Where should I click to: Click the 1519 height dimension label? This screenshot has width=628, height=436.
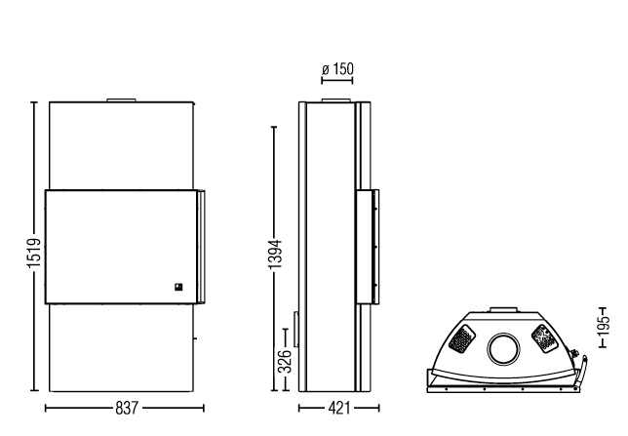(34, 254)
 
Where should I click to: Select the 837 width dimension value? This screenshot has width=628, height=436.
(127, 409)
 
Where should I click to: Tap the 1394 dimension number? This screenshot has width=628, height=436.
(276, 255)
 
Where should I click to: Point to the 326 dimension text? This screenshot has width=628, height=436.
(285, 361)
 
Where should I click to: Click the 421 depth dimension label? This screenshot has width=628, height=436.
(338, 409)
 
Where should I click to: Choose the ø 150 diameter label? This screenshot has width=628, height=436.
(338, 69)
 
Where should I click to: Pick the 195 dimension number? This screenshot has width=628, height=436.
(603, 326)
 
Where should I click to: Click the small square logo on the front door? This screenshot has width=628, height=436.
(178, 287)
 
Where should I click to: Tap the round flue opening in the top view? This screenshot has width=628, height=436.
(504, 349)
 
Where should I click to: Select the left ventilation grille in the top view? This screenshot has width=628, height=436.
(462, 339)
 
